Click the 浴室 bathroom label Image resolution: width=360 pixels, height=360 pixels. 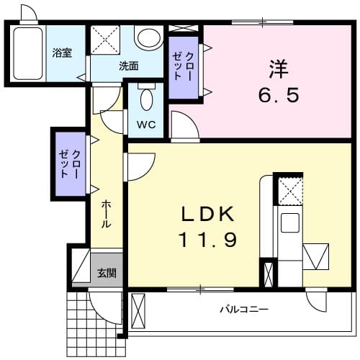click(x=62, y=53)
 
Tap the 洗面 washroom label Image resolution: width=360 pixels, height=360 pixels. click(x=130, y=66)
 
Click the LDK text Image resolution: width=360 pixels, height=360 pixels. click(x=207, y=215)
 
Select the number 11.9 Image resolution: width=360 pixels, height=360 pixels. click(x=207, y=238)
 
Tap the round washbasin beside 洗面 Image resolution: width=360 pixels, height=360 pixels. click(x=148, y=37)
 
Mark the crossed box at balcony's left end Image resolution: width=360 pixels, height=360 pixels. click(x=138, y=311)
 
